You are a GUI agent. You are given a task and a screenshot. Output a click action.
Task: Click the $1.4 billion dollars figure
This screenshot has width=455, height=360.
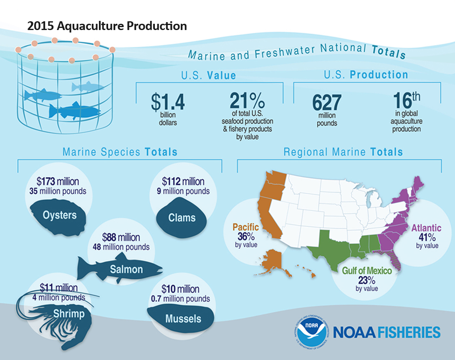(167, 103)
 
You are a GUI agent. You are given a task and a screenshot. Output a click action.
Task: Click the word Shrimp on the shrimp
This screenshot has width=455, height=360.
(68, 314)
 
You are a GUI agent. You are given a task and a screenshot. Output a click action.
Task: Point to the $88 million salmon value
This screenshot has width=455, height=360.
(121, 237)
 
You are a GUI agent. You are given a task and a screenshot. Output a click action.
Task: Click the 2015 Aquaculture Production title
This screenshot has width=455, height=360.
(107, 26)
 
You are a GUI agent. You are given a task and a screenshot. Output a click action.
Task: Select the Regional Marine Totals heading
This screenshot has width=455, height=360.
(343, 152)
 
